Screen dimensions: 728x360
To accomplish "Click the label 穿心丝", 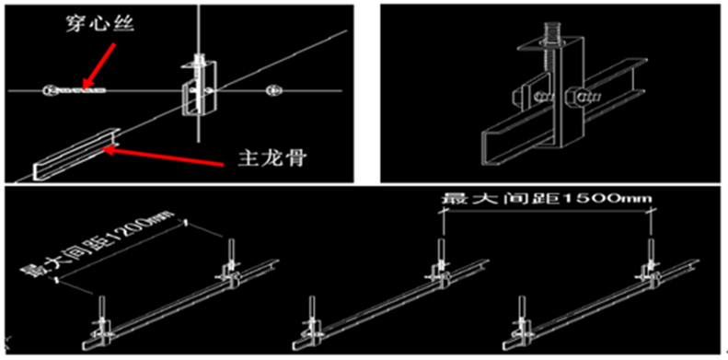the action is click(99, 24).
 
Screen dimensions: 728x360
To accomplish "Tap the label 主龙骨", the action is click(272, 159).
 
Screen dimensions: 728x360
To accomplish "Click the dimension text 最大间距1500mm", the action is click(547, 199).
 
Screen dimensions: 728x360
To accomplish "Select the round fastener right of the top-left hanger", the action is click(272, 90).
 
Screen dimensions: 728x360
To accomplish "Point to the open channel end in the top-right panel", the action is click(492, 147).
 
